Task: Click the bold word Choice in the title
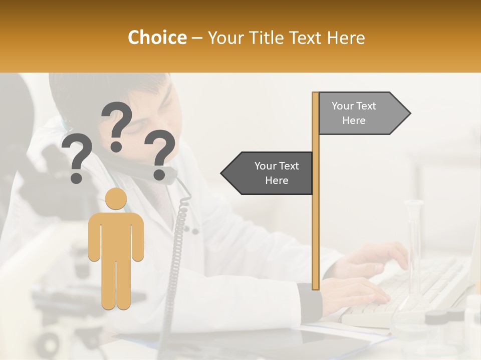pos(157,37)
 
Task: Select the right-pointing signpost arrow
pos(363,113)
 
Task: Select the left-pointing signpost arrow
pos(268,173)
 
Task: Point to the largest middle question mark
pos(117,125)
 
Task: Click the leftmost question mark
pos(77,157)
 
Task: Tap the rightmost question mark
pos(160,154)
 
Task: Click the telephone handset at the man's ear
pos(150,173)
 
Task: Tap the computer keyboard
pos(416,290)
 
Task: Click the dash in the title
pos(197,38)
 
